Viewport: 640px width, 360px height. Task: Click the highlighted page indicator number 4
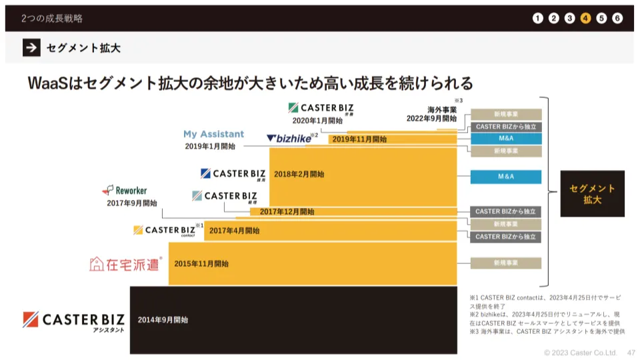click(585, 18)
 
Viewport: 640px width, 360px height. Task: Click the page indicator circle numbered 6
click(617, 18)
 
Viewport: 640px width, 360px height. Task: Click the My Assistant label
click(213, 134)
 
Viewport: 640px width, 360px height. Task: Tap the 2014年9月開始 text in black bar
click(163, 320)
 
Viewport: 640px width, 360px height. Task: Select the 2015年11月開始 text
click(201, 264)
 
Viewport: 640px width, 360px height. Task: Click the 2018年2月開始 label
click(299, 174)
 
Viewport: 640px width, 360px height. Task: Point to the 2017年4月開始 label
click(234, 231)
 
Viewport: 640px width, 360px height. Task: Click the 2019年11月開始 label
click(359, 139)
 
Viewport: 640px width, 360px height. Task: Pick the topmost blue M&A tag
click(505, 139)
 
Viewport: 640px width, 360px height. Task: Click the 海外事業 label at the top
click(442, 110)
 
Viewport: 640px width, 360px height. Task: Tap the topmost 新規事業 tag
click(505, 114)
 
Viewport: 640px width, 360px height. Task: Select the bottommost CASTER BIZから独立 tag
click(505, 237)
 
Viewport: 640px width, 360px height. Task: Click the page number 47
click(631, 352)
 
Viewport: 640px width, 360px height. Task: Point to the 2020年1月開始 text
click(317, 121)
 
